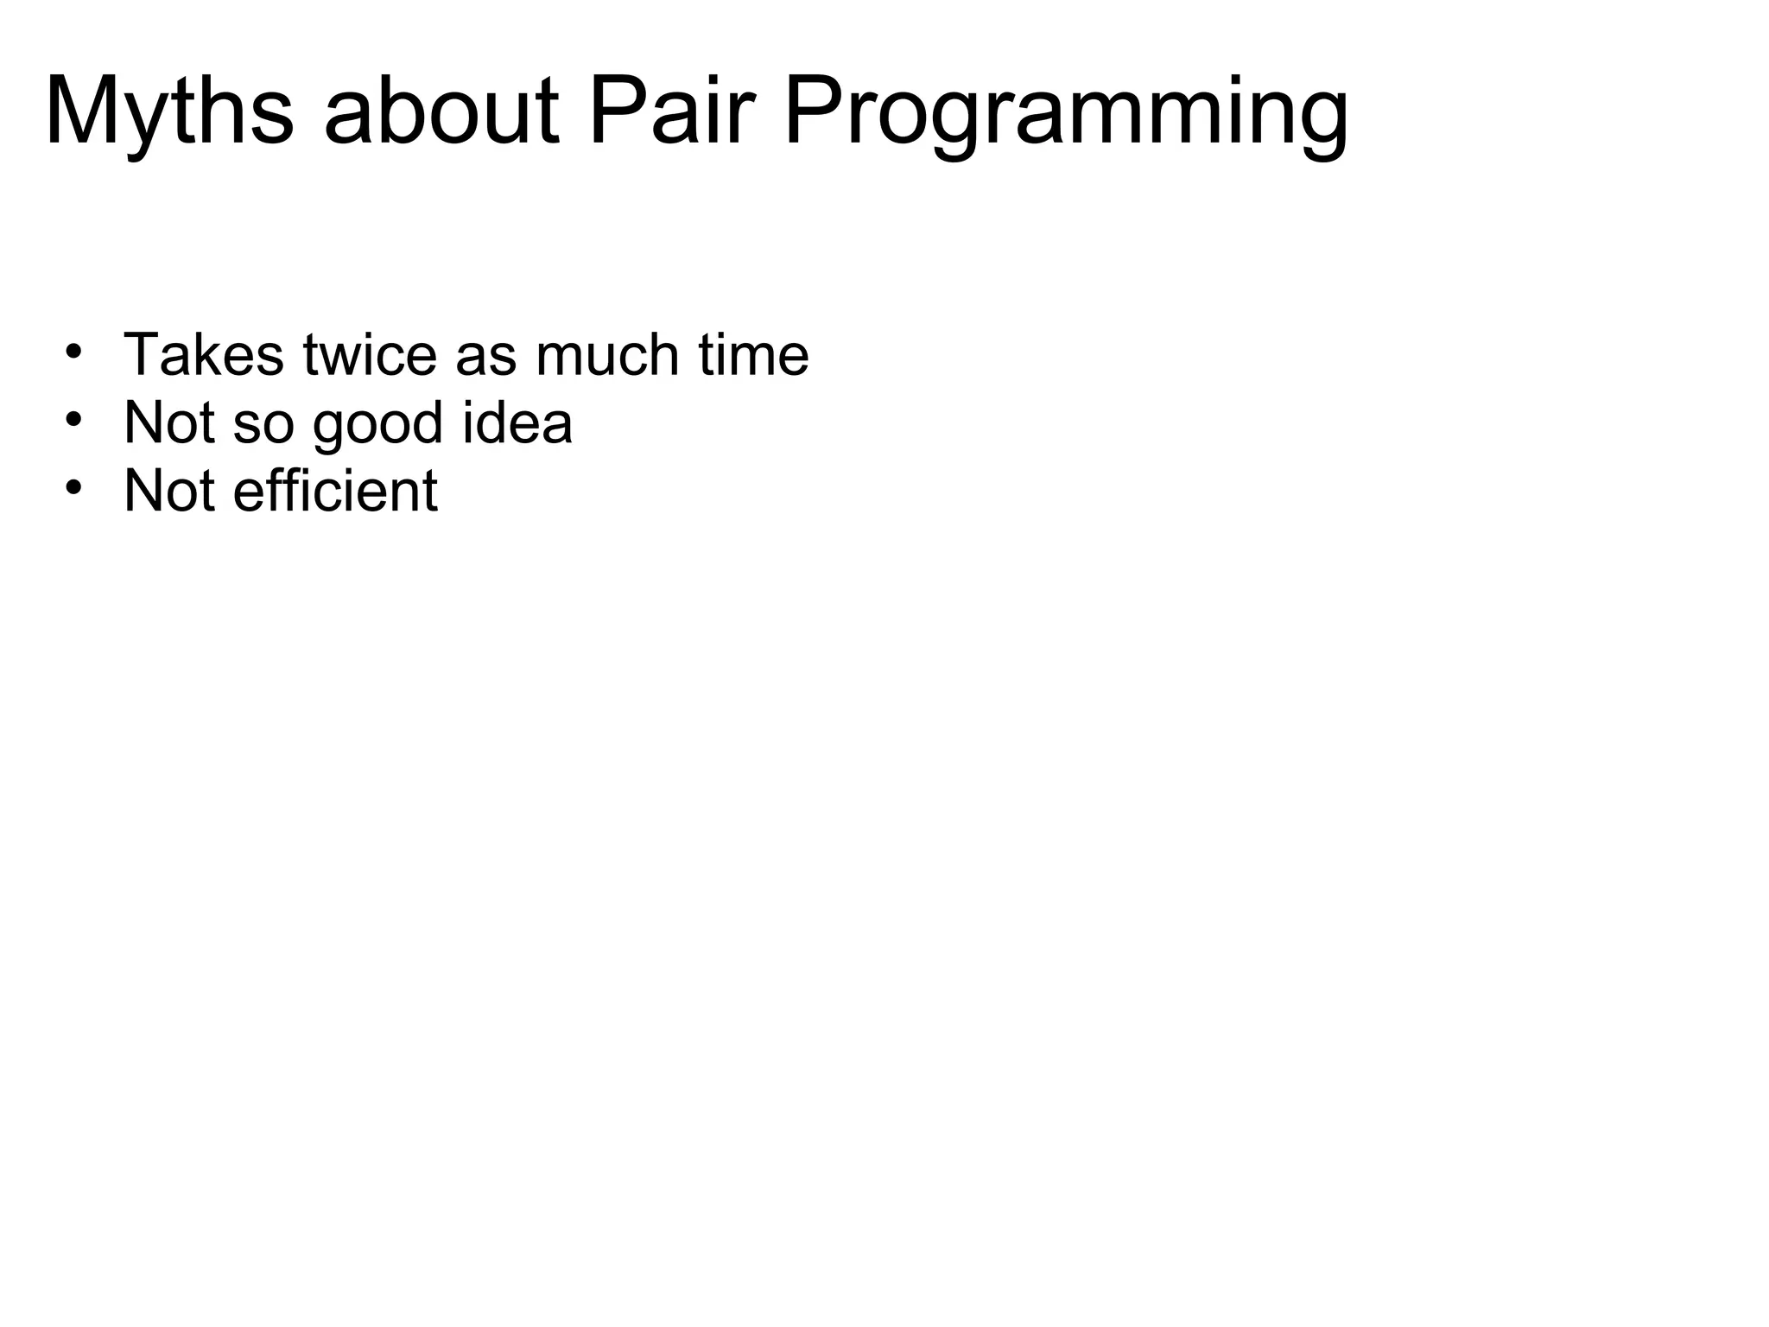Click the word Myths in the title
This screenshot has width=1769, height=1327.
[169, 113]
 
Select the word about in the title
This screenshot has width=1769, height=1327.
[441, 113]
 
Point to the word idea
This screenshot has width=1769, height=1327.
[517, 422]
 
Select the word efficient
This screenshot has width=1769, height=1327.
[335, 491]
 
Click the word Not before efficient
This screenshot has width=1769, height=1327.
[169, 491]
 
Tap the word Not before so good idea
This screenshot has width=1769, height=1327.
[169, 422]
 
